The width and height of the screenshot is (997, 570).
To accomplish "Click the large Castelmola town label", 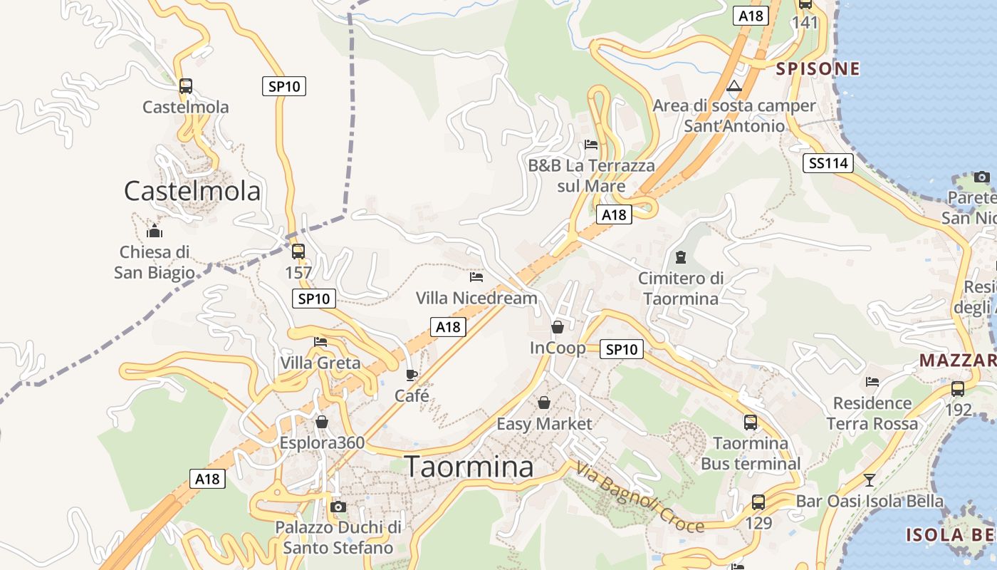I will pyautogui.click(x=192, y=191).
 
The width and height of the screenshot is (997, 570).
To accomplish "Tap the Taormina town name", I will pyautogui.click(x=469, y=467).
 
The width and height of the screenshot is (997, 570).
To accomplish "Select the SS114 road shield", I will pyautogui.click(x=830, y=163).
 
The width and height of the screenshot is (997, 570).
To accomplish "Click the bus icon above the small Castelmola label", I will pyautogui.click(x=186, y=86).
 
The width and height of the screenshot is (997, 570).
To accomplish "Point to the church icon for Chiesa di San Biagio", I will pyautogui.click(x=155, y=231).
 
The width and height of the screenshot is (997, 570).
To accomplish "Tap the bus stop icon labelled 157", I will pyautogui.click(x=298, y=252).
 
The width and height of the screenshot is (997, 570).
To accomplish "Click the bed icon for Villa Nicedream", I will pyautogui.click(x=476, y=276).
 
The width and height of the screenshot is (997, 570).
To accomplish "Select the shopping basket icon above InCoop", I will pyautogui.click(x=558, y=327).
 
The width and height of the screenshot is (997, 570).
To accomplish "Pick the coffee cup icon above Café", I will pyautogui.click(x=412, y=375).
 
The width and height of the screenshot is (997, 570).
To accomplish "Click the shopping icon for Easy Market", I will pyautogui.click(x=544, y=403).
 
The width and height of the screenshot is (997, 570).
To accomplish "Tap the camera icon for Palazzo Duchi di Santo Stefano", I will pyautogui.click(x=338, y=507).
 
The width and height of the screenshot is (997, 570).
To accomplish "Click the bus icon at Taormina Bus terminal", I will pyautogui.click(x=751, y=423).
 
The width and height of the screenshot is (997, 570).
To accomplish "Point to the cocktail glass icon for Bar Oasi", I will pyautogui.click(x=869, y=480).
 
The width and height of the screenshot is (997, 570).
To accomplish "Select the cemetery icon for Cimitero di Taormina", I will pyautogui.click(x=681, y=256).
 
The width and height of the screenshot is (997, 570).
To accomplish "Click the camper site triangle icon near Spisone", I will pyautogui.click(x=734, y=87).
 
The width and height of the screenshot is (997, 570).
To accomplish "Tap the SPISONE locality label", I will pyautogui.click(x=818, y=68).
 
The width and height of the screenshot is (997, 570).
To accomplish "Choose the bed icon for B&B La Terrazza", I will pyautogui.click(x=591, y=145).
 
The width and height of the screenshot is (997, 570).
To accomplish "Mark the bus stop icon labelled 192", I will pyautogui.click(x=958, y=389).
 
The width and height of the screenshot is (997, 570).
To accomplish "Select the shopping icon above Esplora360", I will pyautogui.click(x=322, y=423).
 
